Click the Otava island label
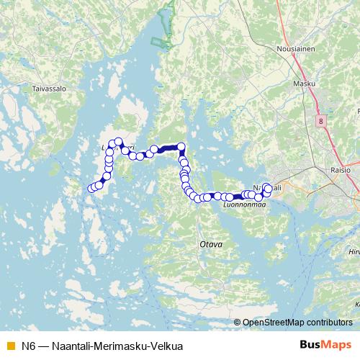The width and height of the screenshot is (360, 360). click(x=210, y=244)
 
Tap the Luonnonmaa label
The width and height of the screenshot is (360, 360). click(x=245, y=204)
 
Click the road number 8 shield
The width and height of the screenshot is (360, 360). click(x=320, y=122)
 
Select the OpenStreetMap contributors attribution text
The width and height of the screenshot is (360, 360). click(x=297, y=322)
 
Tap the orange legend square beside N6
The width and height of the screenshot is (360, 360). click(x=9, y=346)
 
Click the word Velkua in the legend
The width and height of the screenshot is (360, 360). click(x=168, y=346)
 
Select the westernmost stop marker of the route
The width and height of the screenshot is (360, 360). click(x=91, y=189)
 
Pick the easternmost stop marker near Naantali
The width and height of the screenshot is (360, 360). click(x=268, y=189)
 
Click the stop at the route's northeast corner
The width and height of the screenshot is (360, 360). click(x=181, y=147)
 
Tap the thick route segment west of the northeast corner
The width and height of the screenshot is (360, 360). click(x=167, y=148)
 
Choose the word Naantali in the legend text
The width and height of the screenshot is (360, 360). click(x=72, y=346)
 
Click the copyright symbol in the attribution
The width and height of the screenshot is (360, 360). click(x=238, y=322)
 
